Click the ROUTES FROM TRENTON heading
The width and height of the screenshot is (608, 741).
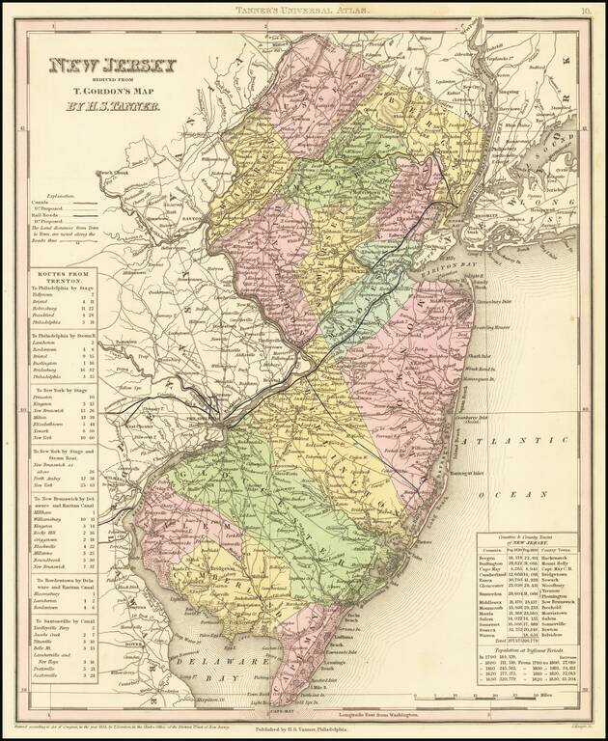coord(67,277)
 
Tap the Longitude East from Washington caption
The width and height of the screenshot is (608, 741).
coord(361,712)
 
